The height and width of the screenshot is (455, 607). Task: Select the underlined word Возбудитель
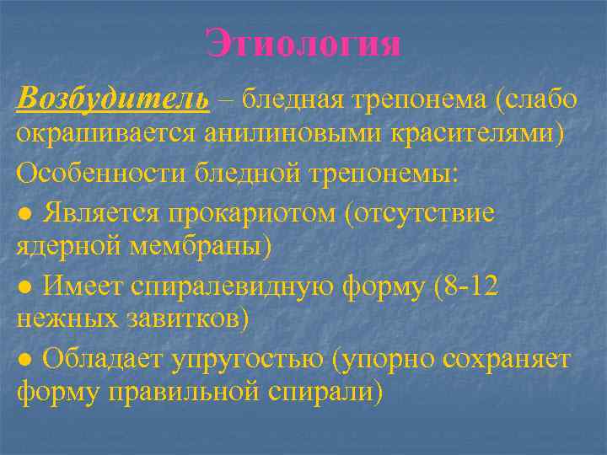pos(113,99)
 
